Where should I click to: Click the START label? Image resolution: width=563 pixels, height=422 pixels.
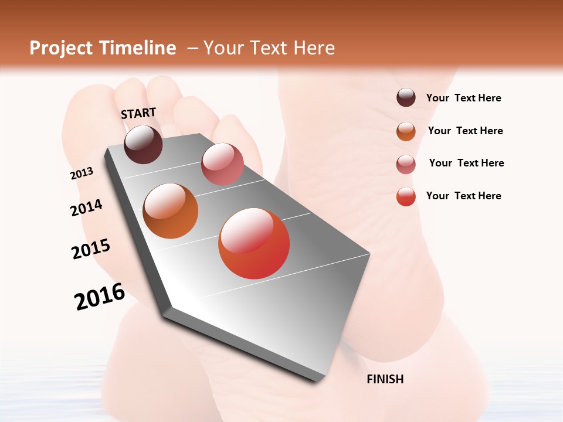138,113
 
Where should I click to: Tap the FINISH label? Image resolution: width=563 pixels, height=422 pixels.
385,379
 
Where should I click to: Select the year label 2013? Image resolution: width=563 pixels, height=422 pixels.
82,173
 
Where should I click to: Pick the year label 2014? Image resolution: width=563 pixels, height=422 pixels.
86,207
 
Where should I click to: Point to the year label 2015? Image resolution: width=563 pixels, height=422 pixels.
91,249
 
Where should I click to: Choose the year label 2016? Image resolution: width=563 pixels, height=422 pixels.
100,297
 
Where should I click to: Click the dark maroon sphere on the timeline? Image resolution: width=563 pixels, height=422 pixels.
143,144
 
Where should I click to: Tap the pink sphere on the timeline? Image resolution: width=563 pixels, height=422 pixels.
222,164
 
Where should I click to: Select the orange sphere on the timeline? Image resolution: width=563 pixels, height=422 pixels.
171,211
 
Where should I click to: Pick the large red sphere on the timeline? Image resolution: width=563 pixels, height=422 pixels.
254,243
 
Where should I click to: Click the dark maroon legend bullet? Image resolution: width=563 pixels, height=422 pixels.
406,98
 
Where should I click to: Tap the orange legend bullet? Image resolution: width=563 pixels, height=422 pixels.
406,131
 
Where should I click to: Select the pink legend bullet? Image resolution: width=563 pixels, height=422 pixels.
406,164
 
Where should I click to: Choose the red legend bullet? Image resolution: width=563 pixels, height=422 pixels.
406,196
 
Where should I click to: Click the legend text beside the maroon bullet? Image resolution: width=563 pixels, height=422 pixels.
463,98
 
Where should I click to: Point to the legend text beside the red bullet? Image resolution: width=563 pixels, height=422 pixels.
463,196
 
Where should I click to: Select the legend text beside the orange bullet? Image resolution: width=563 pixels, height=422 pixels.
465,131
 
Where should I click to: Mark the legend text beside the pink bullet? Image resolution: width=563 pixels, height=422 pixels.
466,163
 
